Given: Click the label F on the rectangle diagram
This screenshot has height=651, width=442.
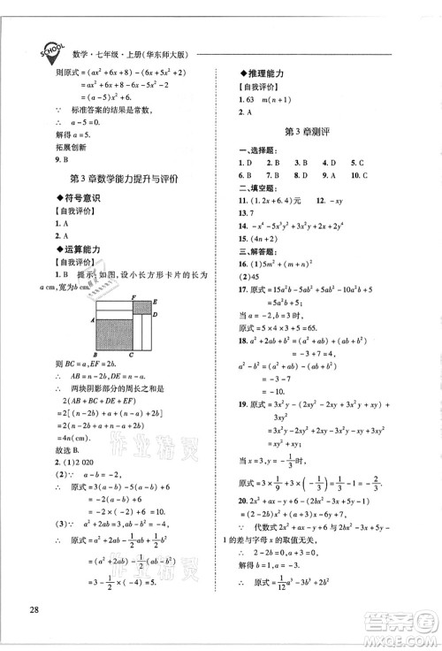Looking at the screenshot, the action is click(133, 297).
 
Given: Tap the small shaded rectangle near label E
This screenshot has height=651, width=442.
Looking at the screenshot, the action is click(141, 308).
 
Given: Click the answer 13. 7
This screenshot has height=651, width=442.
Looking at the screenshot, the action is click(248, 213).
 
